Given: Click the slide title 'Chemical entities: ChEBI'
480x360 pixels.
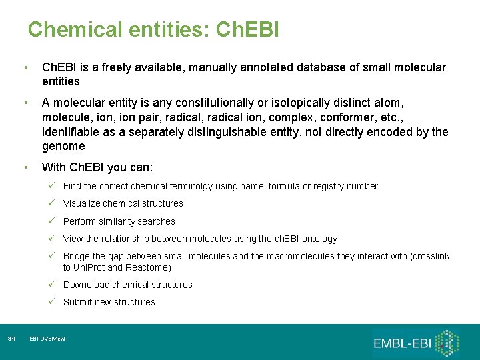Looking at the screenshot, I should pyautogui.click(x=153, y=29).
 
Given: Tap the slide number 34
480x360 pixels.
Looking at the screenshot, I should pyautogui.click(x=11, y=339).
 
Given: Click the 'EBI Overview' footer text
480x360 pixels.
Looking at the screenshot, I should pyautogui.click(x=47, y=339).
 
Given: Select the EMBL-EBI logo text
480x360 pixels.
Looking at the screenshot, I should pyautogui.click(x=402, y=343).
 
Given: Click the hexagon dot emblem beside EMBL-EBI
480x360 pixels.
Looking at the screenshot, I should pyautogui.click(x=448, y=343).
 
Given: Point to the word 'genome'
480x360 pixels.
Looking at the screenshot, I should pyautogui.click(x=63, y=146).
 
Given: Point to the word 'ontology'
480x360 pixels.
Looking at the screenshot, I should pyautogui.click(x=320, y=239).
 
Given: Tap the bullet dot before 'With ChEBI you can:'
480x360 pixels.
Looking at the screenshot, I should pyautogui.click(x=25, y=167).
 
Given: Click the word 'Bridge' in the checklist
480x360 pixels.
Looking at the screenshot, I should pyautogui.click(x=76, y=256).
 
